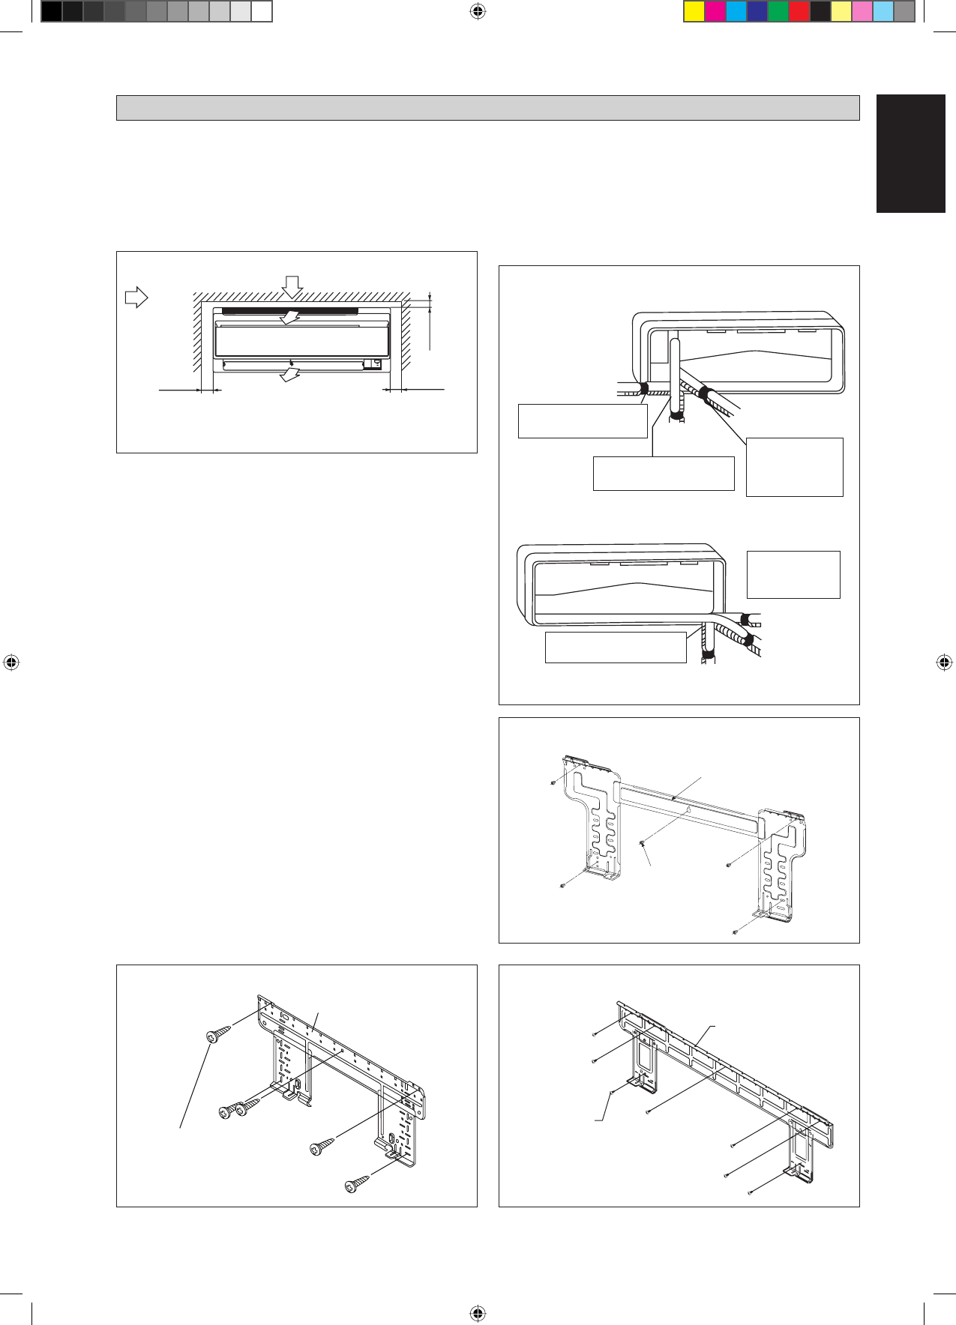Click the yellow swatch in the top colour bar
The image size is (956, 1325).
pos(694,12)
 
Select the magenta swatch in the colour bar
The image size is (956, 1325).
pos(715,12)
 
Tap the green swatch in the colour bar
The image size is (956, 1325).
pos(778,12)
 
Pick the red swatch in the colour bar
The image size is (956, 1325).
pos(799,12)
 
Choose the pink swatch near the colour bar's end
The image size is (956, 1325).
pos(862,12)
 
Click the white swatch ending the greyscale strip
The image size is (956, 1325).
pos(261,12)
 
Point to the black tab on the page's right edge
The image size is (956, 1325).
pos(910,154)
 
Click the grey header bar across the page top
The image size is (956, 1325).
pos(487,108)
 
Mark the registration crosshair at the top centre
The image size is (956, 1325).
pos(478,11)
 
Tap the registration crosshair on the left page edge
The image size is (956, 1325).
pos(11,662)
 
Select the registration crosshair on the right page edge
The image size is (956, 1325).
pos(944,662)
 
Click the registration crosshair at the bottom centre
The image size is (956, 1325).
pos(478,1313)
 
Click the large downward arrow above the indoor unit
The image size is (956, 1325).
pos(292,286)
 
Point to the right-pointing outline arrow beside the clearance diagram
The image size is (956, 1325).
pos(136,298)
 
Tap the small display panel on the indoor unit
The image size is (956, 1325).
pos(372,365)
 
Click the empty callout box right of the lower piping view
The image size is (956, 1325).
pos(793,575)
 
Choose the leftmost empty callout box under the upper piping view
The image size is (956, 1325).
pos(583,421)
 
